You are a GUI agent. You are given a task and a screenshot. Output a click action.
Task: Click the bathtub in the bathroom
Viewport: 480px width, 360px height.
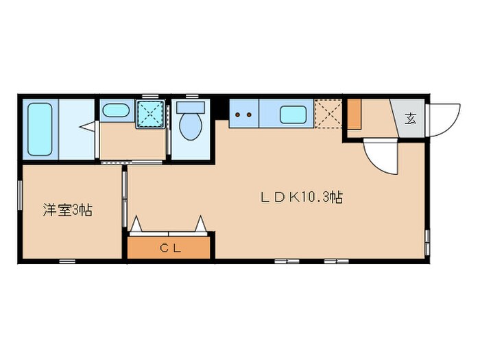click(40, 130)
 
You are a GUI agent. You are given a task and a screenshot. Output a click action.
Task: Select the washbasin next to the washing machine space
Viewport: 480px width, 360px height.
click(115, 110)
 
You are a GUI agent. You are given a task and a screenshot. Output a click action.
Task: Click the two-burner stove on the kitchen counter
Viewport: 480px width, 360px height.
click(243, 115)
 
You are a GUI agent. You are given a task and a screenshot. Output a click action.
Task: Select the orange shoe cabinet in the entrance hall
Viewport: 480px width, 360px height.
click(353, 115)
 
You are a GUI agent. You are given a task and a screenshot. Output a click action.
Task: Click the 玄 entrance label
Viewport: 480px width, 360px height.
click(410, 118)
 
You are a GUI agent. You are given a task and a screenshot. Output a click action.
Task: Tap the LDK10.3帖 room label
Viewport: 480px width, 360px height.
click(301, 197)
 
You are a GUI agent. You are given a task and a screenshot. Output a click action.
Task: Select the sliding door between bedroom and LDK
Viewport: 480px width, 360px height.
click(124, 199)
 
